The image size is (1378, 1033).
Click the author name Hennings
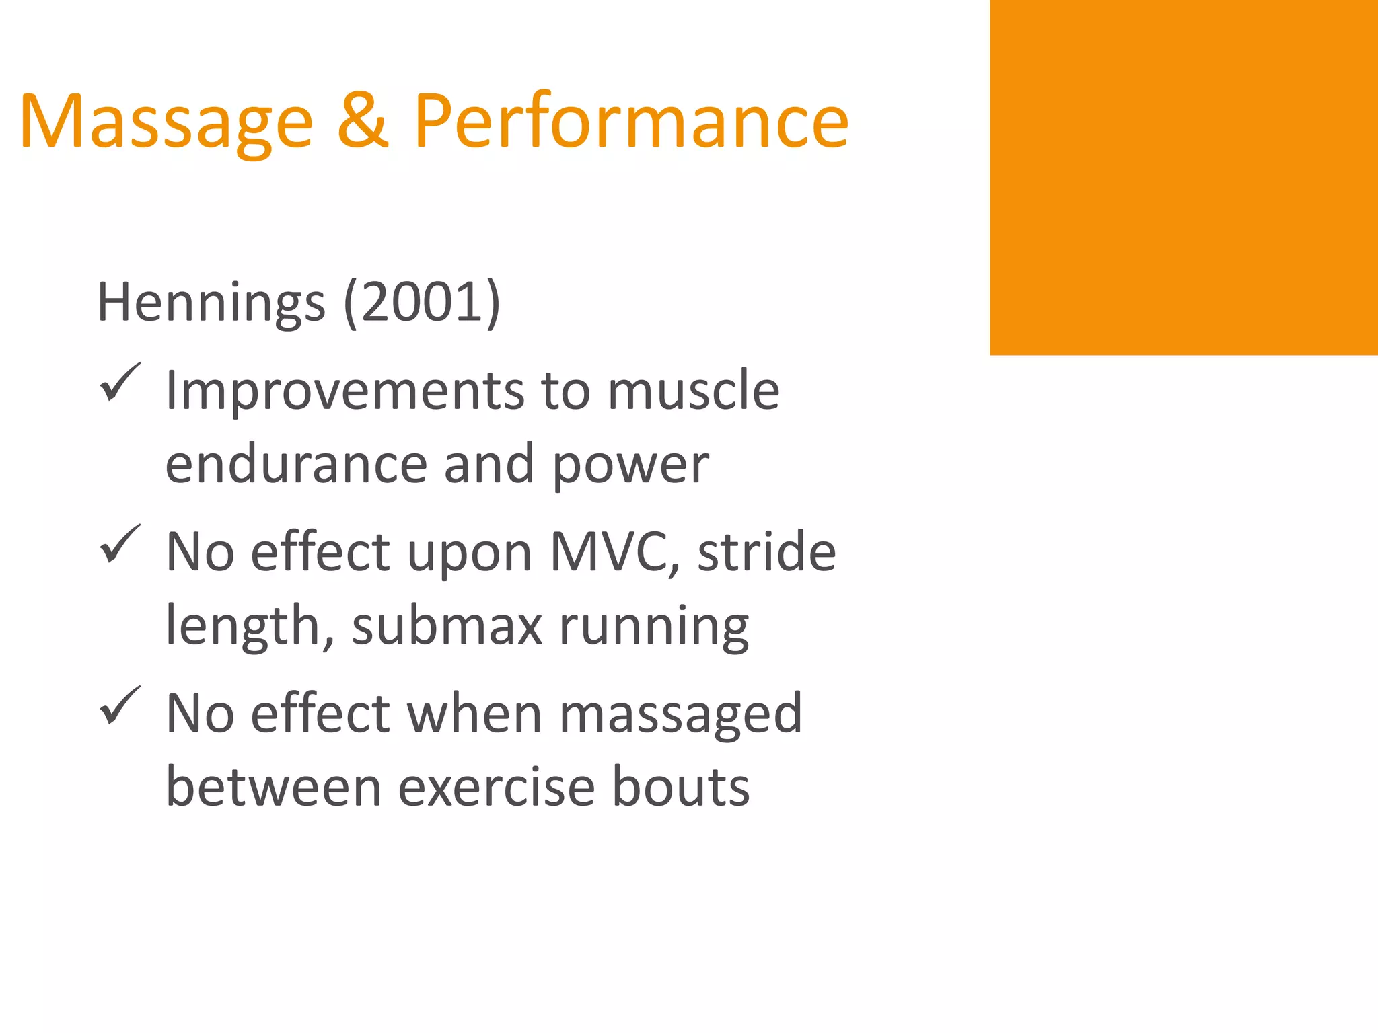[211, 303]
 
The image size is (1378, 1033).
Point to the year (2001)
[422, 303]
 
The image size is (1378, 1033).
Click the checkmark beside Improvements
[120, 383]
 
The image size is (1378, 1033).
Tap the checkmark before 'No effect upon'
[120, 544]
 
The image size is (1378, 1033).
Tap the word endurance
[296, 464]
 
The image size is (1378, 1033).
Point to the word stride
[766, 551]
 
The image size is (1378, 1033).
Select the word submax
[447, 625]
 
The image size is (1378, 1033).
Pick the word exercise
[497, 787]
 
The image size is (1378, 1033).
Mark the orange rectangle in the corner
[1184, 178]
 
